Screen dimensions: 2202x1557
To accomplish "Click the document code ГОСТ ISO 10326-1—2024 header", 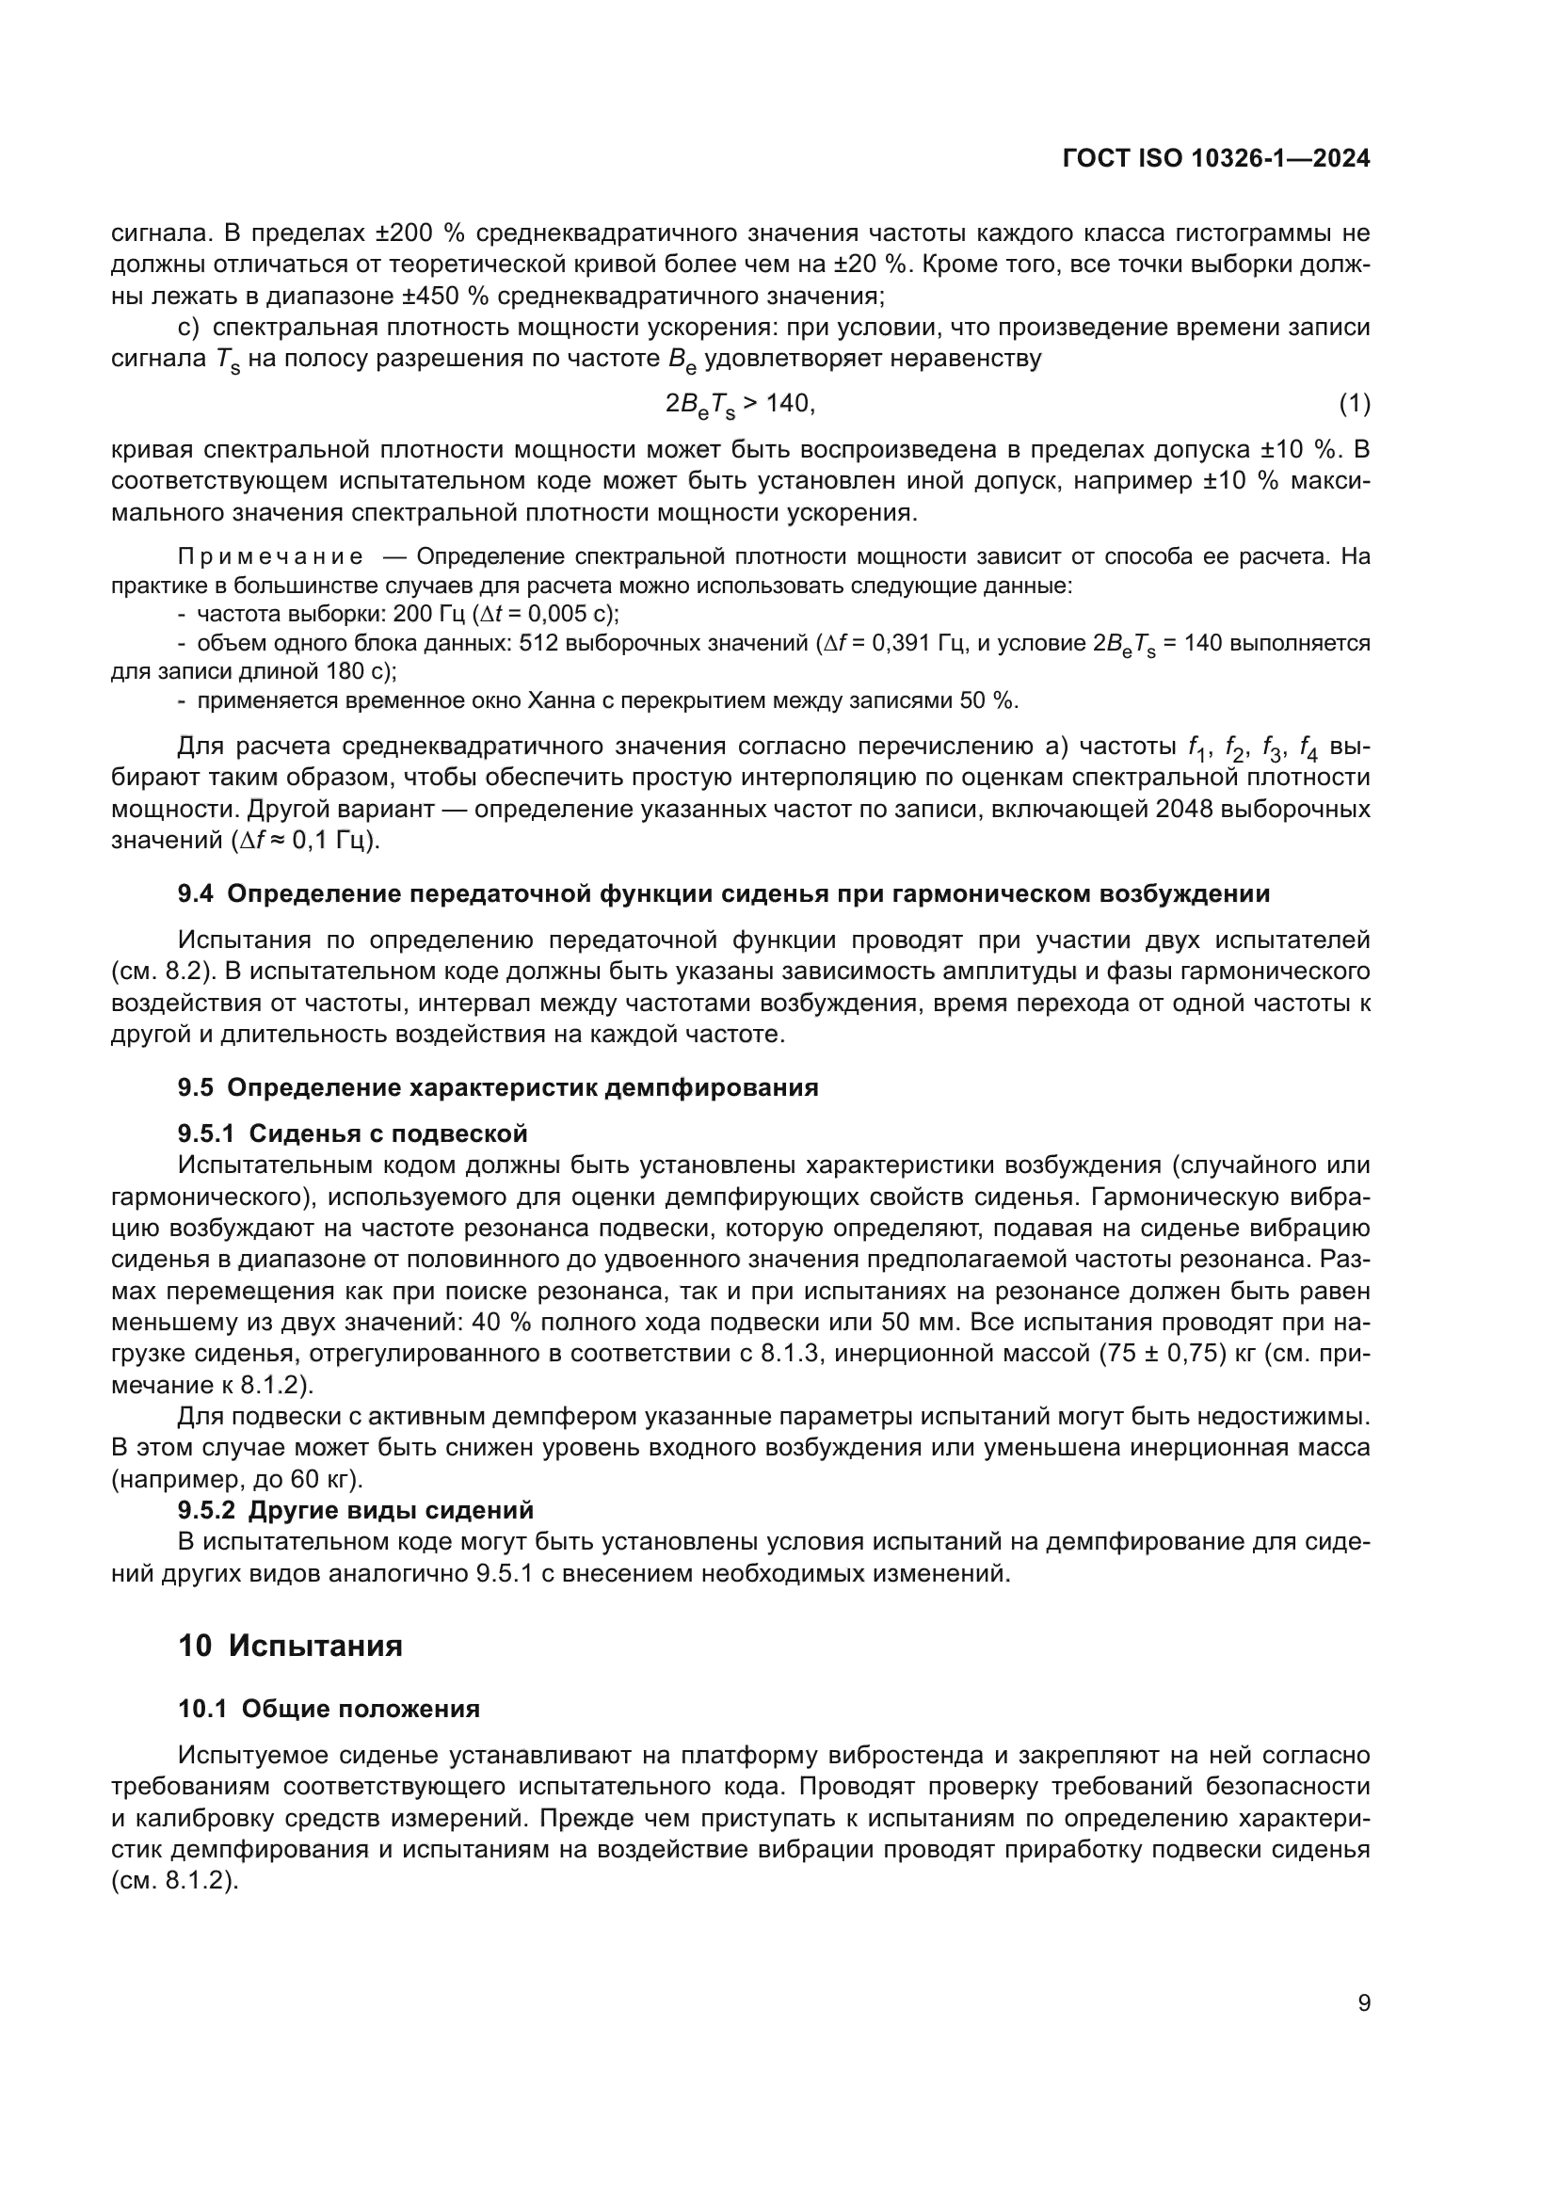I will [1215, 159].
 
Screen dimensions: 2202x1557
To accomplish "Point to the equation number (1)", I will [1354, 404].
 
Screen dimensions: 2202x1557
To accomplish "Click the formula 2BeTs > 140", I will [739, 405].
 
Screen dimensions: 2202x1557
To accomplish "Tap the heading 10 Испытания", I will [290, 1646].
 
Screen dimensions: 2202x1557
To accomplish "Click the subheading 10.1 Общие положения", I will [329, 1708].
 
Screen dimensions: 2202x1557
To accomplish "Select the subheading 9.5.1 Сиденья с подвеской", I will [352, 1133].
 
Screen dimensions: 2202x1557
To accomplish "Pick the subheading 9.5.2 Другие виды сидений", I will [355, 1509].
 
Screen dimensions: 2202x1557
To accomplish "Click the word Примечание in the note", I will [270, 557].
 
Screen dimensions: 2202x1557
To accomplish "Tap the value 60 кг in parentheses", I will [320, 1479].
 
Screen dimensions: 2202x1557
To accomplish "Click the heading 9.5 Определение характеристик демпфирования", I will [498, 1087].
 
